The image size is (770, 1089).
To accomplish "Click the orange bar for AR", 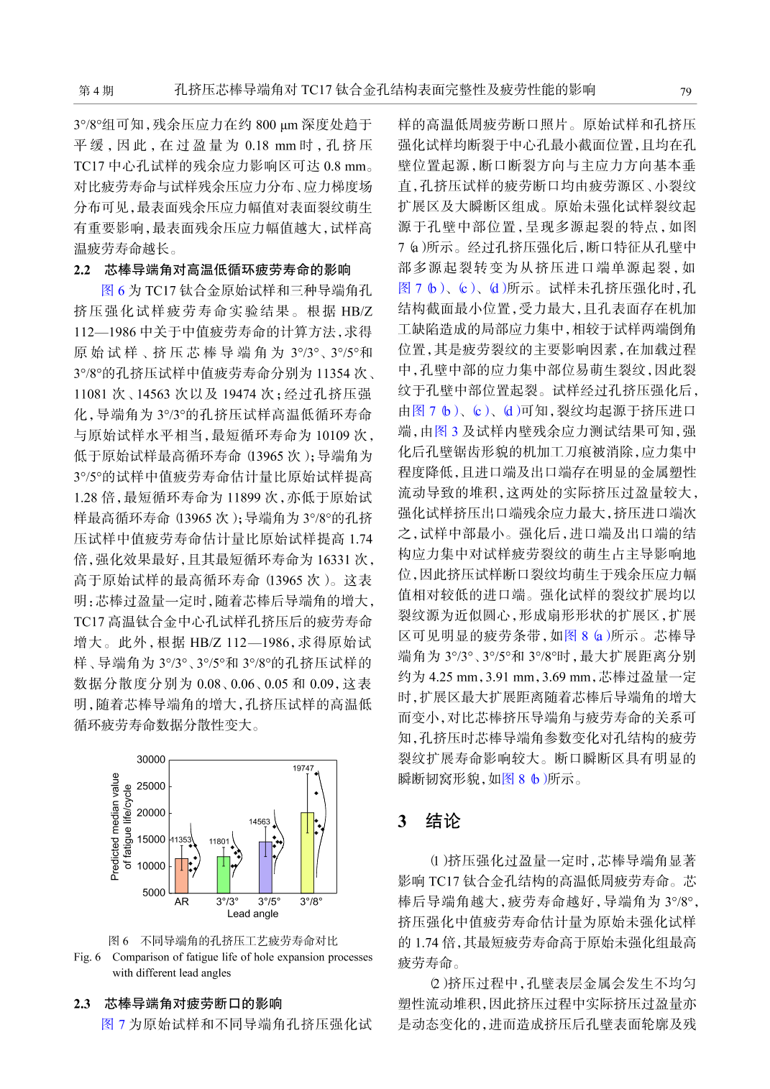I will click(181, 875).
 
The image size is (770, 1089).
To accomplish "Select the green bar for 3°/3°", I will click(224, 874).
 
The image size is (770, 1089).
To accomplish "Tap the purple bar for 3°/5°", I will click(265, 867).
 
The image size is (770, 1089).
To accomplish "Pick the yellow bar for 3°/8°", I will click(307, 853).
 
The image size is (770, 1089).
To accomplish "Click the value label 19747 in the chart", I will click(303, 768).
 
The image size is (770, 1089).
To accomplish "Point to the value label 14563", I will click(260, 822).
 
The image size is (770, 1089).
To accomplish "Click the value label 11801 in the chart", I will click(219, 841).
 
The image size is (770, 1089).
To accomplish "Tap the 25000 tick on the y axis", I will click(151, 786).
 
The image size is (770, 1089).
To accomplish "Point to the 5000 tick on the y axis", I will click(154, 893).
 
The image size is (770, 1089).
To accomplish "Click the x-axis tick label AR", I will click(181, 901).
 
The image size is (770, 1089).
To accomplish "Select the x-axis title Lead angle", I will click(252, 914).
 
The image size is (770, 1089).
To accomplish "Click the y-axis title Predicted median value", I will click(115, 827).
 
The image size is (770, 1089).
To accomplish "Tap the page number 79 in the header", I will click(685, 91).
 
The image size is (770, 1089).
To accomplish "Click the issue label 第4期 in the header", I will click(96, 91).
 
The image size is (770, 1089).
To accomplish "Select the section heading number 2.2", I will click(82, 270).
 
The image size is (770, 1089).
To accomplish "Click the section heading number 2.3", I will click(82, 1003).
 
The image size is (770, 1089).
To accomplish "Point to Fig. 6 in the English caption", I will click(87, 957).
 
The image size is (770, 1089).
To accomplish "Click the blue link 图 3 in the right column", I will click(446, 431).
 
